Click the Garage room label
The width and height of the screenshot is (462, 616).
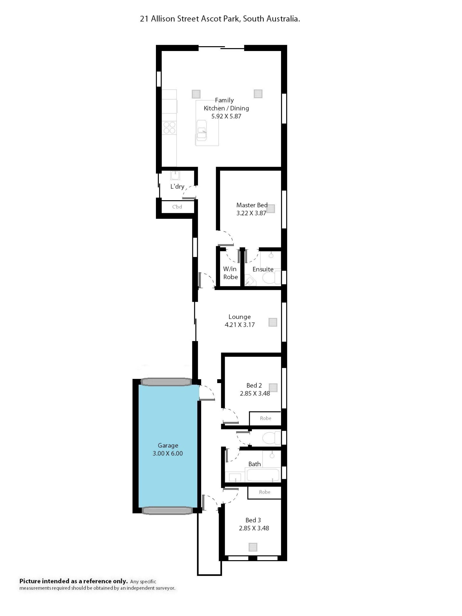(x=168, y=445)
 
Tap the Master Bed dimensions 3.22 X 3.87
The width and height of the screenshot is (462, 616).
(x=251, y=213)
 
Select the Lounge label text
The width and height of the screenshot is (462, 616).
(x=239, y=317)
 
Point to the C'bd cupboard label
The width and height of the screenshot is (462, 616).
(x=177, y=207)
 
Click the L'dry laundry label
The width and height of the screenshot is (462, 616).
(x=177, y=186)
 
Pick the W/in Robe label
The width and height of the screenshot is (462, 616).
(x=230, y=273)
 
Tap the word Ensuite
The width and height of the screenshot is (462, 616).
(x=263, y=269)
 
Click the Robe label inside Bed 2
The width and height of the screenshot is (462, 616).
(x=265, y=418)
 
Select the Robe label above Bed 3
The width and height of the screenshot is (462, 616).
(x=264, y=492)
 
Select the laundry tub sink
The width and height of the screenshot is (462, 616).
(x=175, y=175)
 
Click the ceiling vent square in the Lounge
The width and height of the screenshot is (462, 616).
(x=273, y=322)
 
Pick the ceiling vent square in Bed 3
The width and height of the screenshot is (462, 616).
(x=253, y=547)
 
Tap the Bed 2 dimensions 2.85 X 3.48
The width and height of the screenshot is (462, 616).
(x=255, y=393)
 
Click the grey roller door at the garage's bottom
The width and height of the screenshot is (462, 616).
(x=167, y=510)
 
